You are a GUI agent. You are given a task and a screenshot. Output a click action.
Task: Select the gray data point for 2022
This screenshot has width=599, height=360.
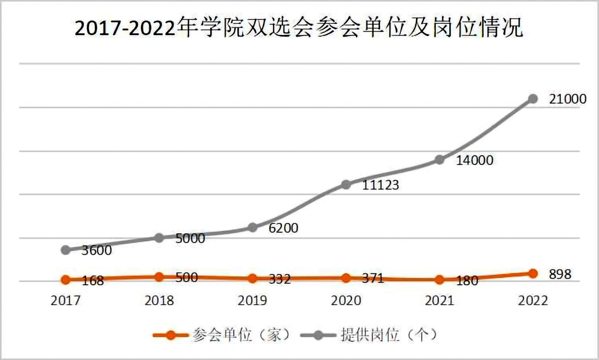click(533, 99)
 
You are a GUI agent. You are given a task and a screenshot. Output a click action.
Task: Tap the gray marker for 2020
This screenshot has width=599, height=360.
click(346, 184)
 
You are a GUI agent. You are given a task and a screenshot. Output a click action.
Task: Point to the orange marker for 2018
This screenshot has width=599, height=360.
click(159, 277)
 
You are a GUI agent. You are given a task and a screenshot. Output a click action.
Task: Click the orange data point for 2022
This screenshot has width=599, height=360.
click(533, 273)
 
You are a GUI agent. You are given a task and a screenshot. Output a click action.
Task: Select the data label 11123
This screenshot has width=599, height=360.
click(381, 185)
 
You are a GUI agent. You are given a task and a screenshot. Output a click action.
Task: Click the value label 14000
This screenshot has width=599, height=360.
click(475, 160)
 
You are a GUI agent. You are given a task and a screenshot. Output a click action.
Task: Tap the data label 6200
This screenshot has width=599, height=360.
click(284, 228)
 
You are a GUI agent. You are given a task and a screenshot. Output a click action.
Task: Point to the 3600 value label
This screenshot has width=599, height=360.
click(97, 250)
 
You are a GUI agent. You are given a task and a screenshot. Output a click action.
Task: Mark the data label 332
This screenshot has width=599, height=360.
click(280, 279)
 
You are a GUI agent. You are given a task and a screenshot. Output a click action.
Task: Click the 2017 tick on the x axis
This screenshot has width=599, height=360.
click(66, 300)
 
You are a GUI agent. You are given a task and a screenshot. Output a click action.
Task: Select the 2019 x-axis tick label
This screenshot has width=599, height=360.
click(253, 300)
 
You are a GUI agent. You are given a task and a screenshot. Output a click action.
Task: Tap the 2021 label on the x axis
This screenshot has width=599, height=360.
click(439, 300)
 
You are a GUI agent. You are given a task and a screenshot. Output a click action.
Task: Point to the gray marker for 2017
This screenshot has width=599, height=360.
click(66, 250)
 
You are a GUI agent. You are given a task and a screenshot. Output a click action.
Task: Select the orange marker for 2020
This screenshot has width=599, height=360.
click(346, 278)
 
